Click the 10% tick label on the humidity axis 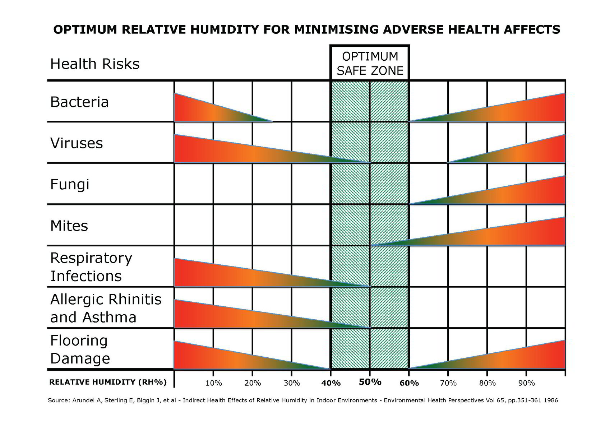coord(213,383)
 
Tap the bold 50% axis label coord(370,382)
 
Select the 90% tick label coord(526,383)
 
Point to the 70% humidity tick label coord(448,383)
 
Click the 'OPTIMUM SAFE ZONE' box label coord(370,63)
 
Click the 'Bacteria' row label coord(79,102)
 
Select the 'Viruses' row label coord(77,143)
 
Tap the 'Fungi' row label coord(70,185)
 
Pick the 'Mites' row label coord(69,226)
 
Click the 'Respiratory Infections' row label coord(91,267)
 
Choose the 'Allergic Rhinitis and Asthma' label coord(106,308)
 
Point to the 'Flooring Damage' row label coord(80,349)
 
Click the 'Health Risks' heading coord(95,64)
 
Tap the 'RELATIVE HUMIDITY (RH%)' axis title coord(108,382)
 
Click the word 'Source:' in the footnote coord(59,400)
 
